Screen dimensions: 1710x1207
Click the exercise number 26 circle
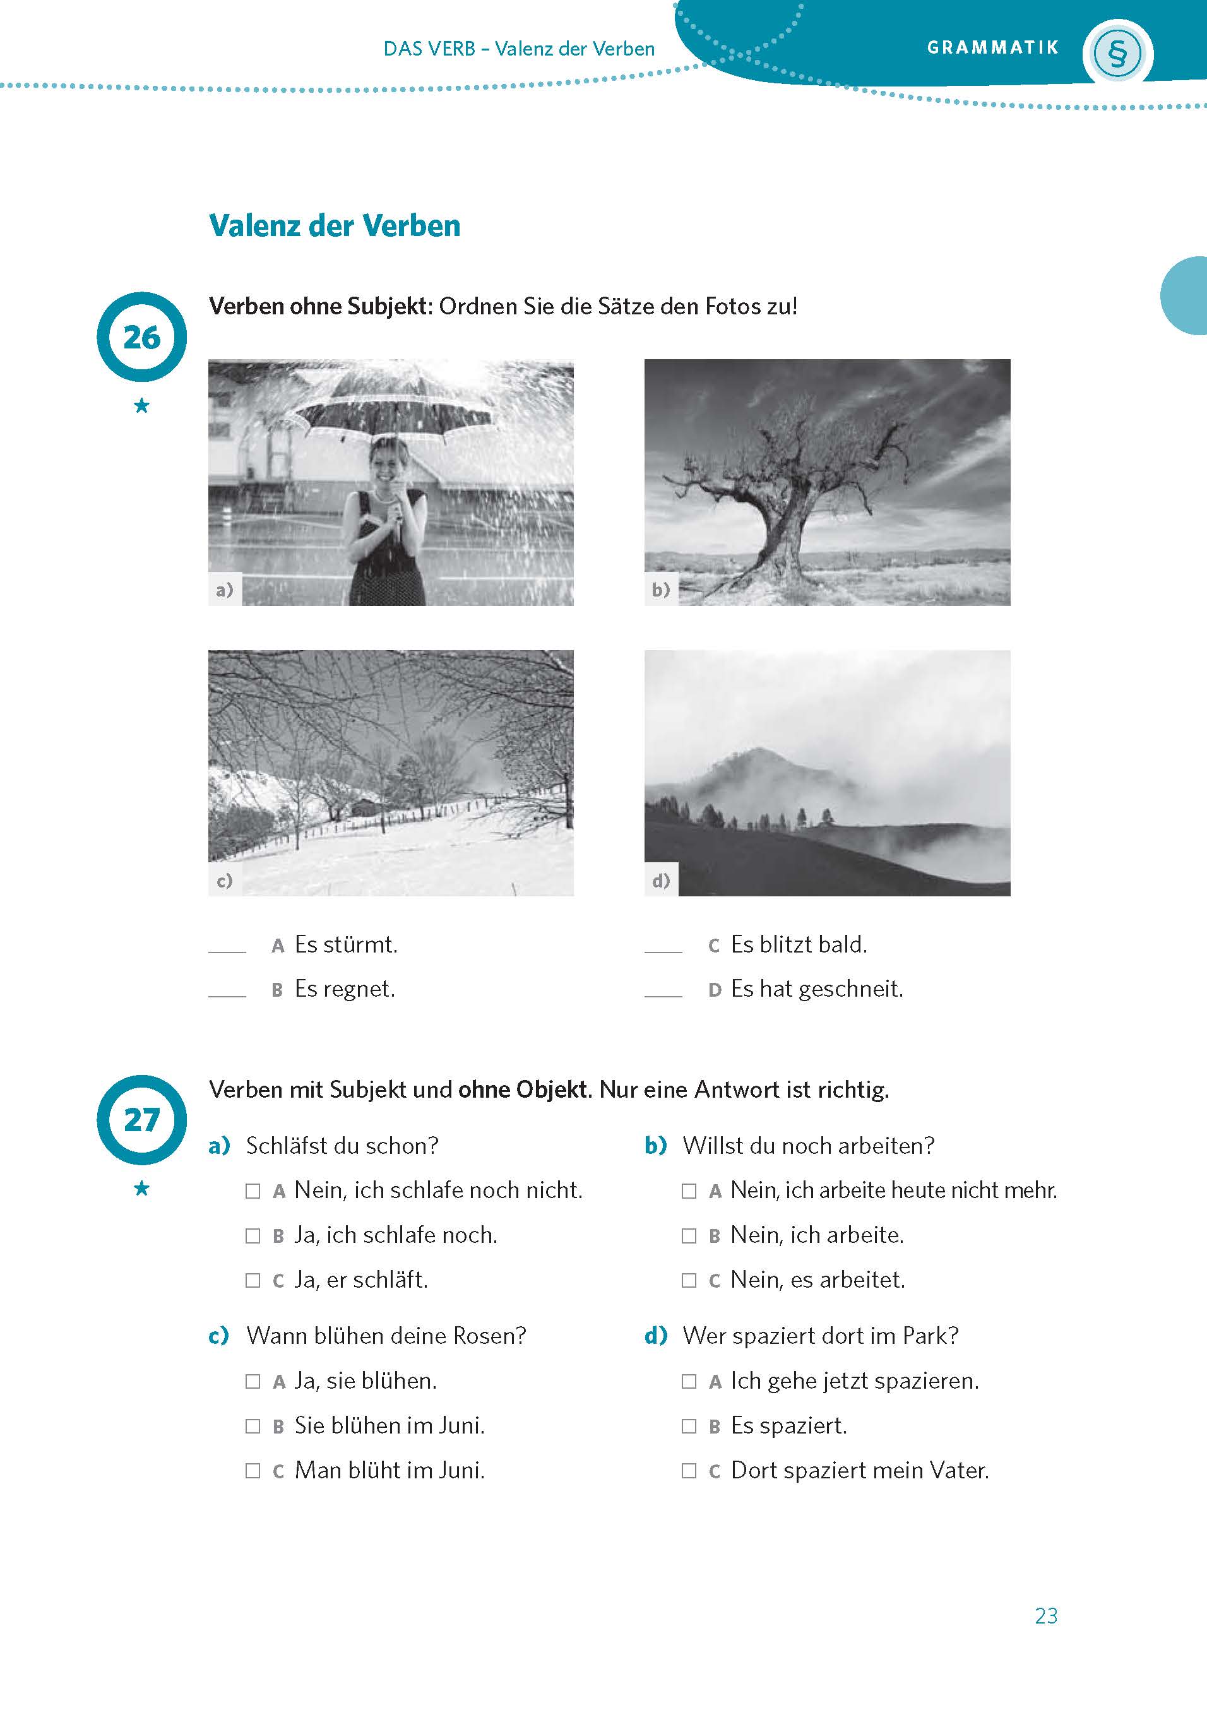pos(141,336)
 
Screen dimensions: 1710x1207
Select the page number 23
pos(1045,1615)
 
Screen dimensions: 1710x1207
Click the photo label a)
pos(224,590)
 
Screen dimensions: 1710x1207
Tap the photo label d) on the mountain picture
pos(660,881)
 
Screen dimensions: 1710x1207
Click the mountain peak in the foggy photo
pos(756,752)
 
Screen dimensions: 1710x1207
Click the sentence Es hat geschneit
pos(816,989)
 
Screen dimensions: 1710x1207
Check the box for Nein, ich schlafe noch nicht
pos(253,1191)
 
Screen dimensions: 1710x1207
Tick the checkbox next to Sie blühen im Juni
pos(253,1426)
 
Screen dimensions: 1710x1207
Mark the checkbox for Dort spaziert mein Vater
pos(689,1471)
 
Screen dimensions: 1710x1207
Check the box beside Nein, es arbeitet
pos(689,1280)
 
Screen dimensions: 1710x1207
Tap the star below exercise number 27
pos(141,1189)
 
